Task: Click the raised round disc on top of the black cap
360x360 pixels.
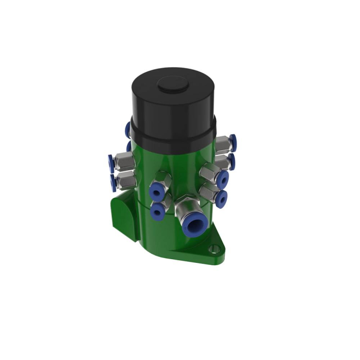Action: pyautogui.click(x=172, y=86)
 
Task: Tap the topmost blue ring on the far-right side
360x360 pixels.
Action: pyautogui.click(x=233, y=140)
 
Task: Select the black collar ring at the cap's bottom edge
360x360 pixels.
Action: pyautogui.click(x=172, y=135)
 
